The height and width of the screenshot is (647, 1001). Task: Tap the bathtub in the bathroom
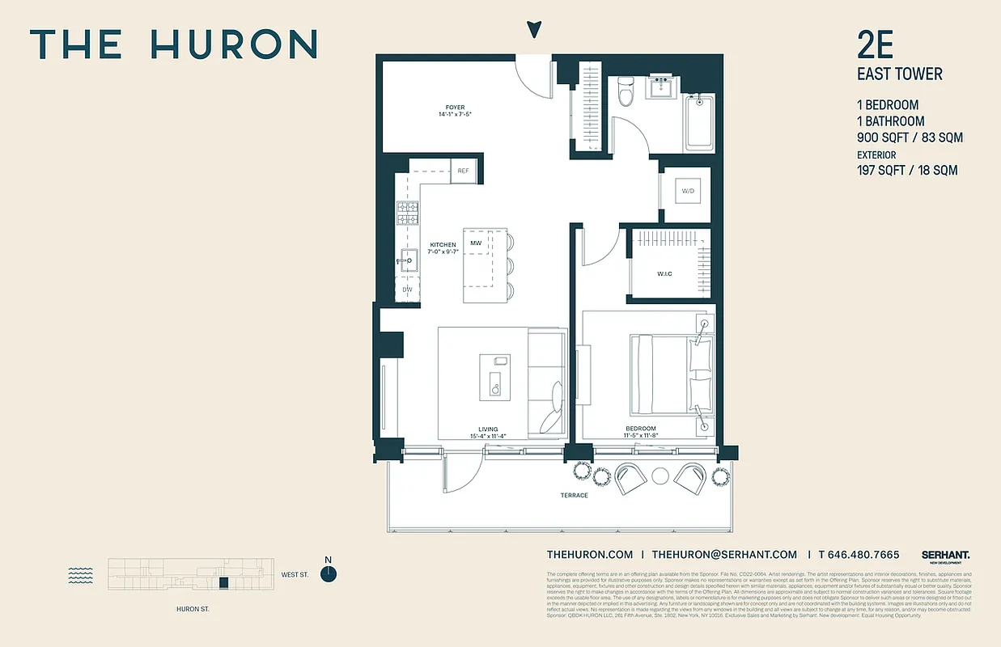pos(700,122)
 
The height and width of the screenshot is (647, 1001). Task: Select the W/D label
pos(688,192)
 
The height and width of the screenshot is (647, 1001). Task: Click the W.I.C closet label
pos(664,274)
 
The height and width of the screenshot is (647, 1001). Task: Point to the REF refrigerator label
pos(463,171)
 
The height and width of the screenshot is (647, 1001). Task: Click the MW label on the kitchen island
pos(476,243)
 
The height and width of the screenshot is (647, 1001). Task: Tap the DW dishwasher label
pos(408,289)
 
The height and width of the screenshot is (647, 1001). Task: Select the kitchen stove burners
pos(407,213)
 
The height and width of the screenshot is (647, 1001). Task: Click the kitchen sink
pos(407,260)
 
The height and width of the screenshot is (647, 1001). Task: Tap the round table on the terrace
pos(661,476)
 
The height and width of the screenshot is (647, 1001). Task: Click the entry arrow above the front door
pos(533,30)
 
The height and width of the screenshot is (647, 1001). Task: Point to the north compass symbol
pos(329,573)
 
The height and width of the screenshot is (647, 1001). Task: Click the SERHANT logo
pos(945,555)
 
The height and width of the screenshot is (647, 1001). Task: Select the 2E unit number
pos(875,46)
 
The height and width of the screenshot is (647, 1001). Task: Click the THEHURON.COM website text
pos(590,555)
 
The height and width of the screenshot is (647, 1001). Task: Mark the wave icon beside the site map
pos(81,574)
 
